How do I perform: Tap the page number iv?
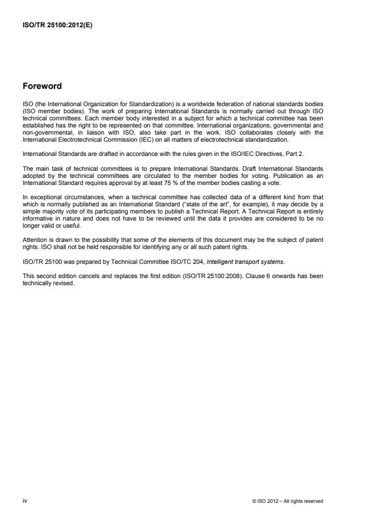coord(24,501)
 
